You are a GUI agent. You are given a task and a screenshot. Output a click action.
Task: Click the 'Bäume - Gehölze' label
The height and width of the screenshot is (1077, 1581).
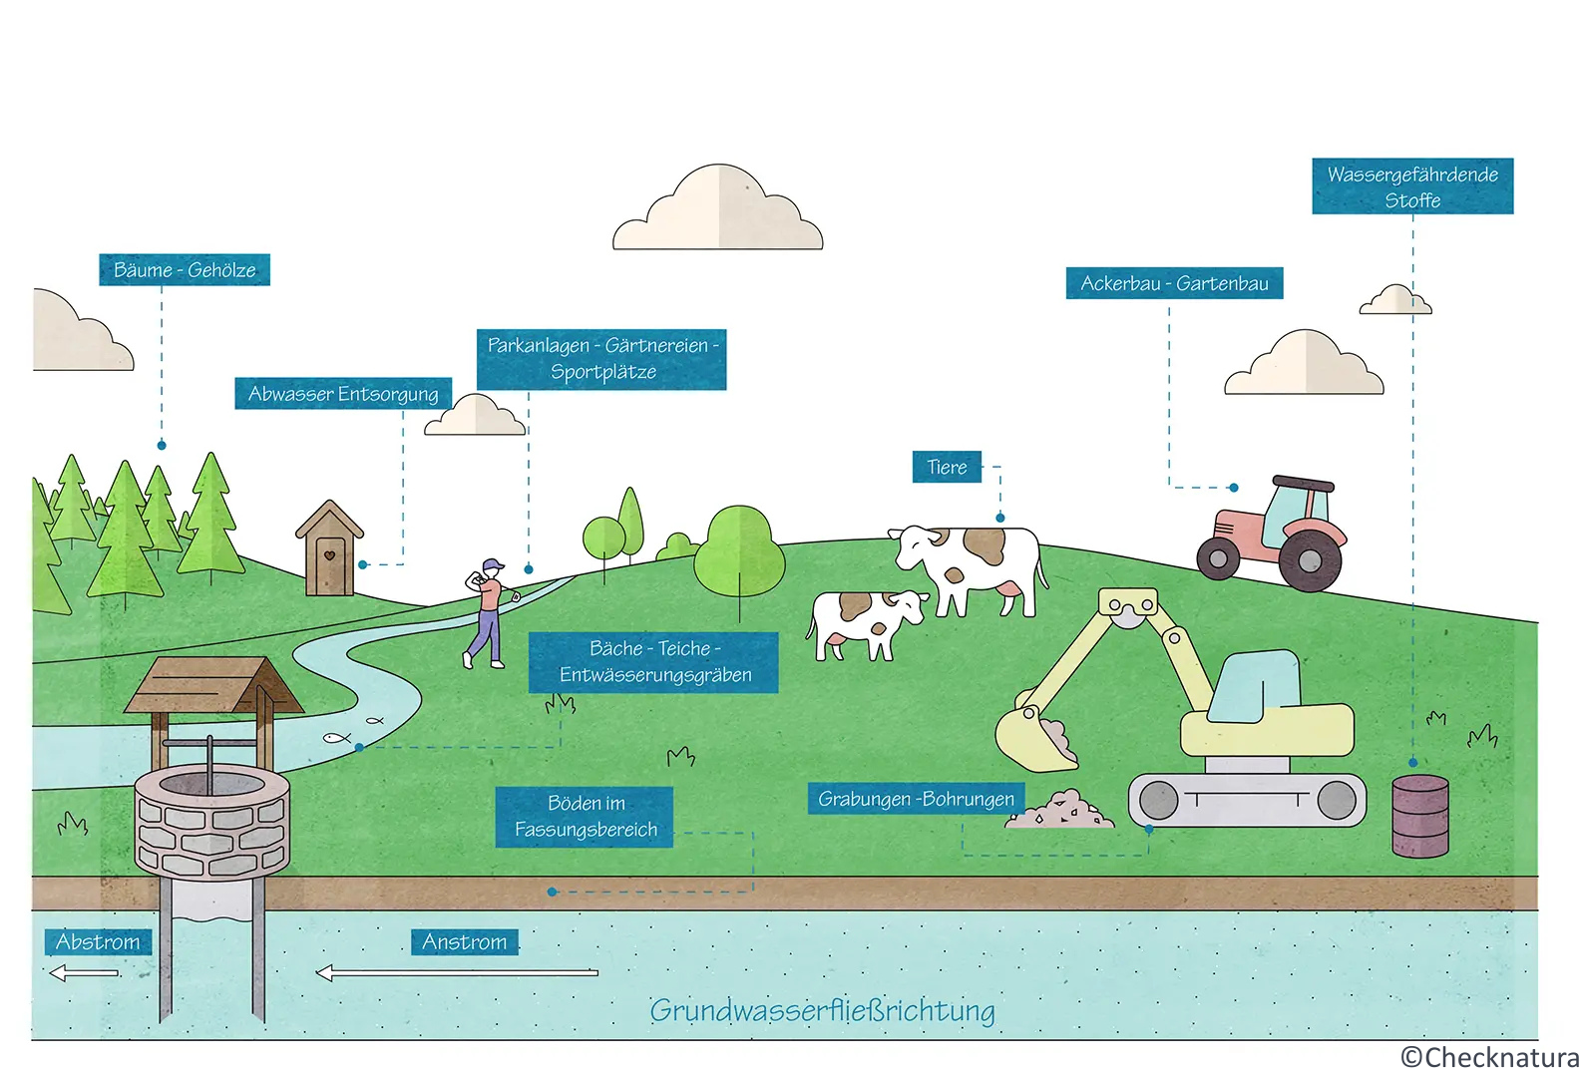(x=185, y=270)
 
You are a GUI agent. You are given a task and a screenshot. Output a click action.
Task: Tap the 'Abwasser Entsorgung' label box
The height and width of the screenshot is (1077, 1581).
(x=343, y=394)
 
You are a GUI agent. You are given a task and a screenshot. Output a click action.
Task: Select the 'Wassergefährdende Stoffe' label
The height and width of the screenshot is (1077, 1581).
(x=1412, y=186)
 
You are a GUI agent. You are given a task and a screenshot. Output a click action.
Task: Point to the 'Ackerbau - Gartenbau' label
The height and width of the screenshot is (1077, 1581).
(x=1174, y=283)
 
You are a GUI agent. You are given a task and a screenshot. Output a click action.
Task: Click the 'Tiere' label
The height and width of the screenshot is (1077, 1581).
(x=947, y=467)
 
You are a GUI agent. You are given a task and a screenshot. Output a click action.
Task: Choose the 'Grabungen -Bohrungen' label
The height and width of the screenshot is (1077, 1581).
(x=916, y=799)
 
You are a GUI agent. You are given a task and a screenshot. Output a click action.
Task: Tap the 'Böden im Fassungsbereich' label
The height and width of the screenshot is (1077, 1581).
(x=586, y=817)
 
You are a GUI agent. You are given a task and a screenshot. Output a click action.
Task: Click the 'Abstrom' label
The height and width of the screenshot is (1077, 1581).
(x=98, y=941)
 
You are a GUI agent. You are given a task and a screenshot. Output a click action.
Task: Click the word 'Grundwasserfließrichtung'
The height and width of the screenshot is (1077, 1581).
(x=822, y=1011)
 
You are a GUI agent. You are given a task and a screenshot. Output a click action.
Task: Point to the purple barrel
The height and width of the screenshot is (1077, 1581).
(x=1419, y=816)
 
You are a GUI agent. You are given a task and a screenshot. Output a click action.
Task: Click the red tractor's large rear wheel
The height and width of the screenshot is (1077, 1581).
(x=1310, y=560)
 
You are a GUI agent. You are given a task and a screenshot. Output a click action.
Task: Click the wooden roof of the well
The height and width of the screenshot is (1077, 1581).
(x=212, y=685)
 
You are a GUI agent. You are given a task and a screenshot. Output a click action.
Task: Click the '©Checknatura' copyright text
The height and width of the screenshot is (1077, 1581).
(x=1489, y=1057)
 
